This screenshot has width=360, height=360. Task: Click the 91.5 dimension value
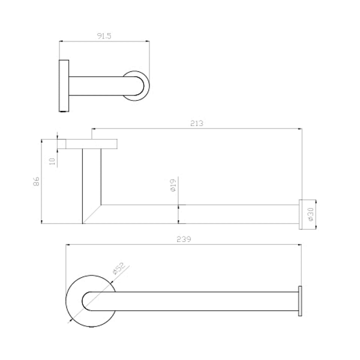click(104, 35)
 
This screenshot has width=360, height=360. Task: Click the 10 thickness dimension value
click(52, 161)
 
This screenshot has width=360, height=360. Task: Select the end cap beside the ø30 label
click(302, 214)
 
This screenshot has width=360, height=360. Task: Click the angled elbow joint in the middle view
click(93, 213)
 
